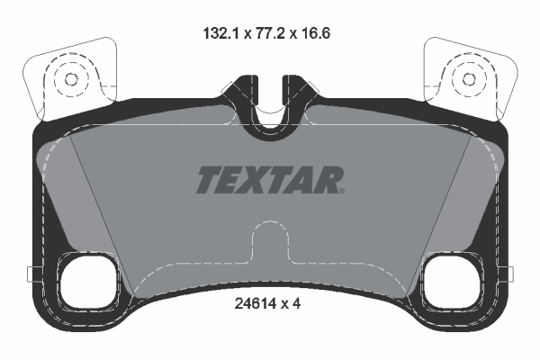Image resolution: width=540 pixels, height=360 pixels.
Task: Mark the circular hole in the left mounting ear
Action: coord(69,79)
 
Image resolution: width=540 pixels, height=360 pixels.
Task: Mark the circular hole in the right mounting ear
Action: coord(468,79)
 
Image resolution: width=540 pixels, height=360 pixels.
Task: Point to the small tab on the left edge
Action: coord(31,274)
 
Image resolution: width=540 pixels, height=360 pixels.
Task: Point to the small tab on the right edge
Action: coord(508,274)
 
